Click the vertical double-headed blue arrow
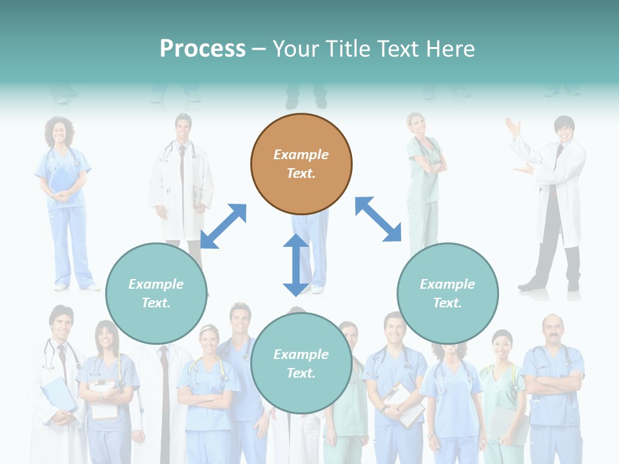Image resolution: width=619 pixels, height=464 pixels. click(296, 265)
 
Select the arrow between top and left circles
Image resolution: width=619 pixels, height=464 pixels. click(223, 226)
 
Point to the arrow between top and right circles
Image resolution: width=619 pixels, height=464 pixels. click(378, 219)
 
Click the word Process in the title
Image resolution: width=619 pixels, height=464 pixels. click(202, 48)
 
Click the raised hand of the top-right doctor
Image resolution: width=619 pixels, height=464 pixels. click(514, 127)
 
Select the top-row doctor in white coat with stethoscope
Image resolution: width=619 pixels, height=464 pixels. click(182, 180)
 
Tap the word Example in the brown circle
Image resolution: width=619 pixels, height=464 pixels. click(301, 155)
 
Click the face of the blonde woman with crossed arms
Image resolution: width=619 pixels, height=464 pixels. click(209, 339)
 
